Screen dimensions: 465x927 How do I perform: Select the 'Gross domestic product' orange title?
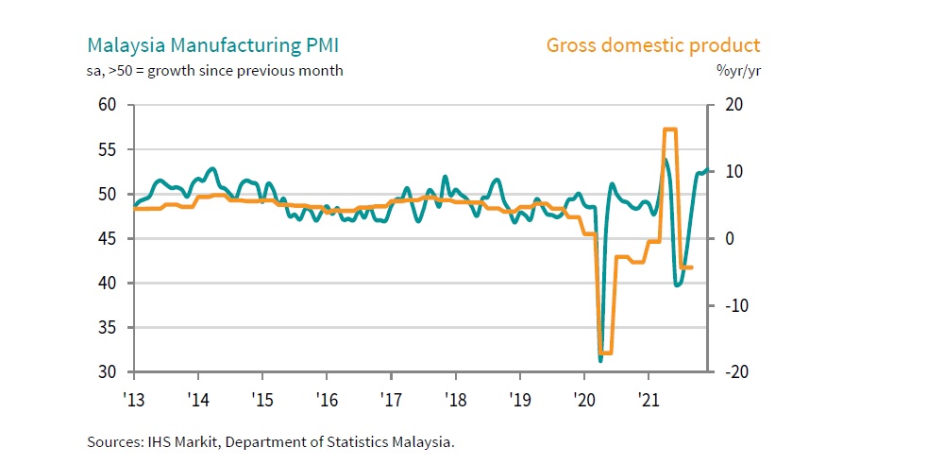pos(653,45)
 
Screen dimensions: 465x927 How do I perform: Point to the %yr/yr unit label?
pos(739,70)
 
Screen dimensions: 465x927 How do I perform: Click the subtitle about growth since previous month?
pos(215,70)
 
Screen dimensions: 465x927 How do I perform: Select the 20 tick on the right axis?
pos(731,105)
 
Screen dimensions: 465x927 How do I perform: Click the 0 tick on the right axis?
pos(727,239)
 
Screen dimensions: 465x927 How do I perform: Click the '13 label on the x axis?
pos(134,398)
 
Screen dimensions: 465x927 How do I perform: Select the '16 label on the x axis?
pos(327,398)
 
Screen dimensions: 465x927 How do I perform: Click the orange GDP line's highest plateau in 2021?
pos(670,129)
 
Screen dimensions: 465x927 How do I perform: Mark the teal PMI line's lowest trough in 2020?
pos(600,360)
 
